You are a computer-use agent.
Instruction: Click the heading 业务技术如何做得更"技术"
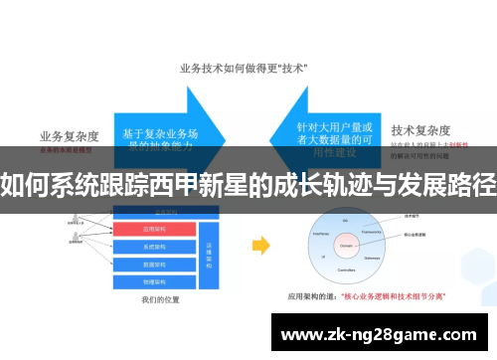coord(243,69)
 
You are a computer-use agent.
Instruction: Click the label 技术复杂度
coord(420,129)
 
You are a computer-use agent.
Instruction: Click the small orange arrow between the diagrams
coord(261,244)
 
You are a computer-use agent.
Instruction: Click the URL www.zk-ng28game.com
coord(382,336)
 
